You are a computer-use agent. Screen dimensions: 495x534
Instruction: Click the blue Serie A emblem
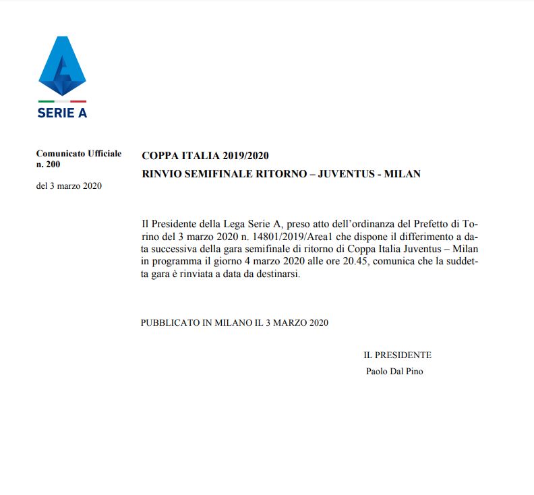tap(62, 66)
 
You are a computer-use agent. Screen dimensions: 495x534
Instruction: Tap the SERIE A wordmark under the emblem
tap(62, 113)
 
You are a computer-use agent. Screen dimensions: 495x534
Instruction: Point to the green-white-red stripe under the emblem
tap(62, 102)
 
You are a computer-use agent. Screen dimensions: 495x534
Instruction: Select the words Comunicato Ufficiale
tap(79, 154)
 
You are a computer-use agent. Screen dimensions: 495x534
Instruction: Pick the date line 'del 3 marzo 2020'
tap(69, 186)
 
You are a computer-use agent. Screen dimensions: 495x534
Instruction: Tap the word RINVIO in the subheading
tap(161, 174)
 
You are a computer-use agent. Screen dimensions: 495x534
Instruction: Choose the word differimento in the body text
tap(405, 237)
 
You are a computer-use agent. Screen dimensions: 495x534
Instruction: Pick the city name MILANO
tap(233, 322)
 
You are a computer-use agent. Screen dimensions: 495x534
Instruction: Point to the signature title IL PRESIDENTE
tap(397, 355)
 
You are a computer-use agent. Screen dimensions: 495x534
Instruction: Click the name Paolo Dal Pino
tap(394, 371)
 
